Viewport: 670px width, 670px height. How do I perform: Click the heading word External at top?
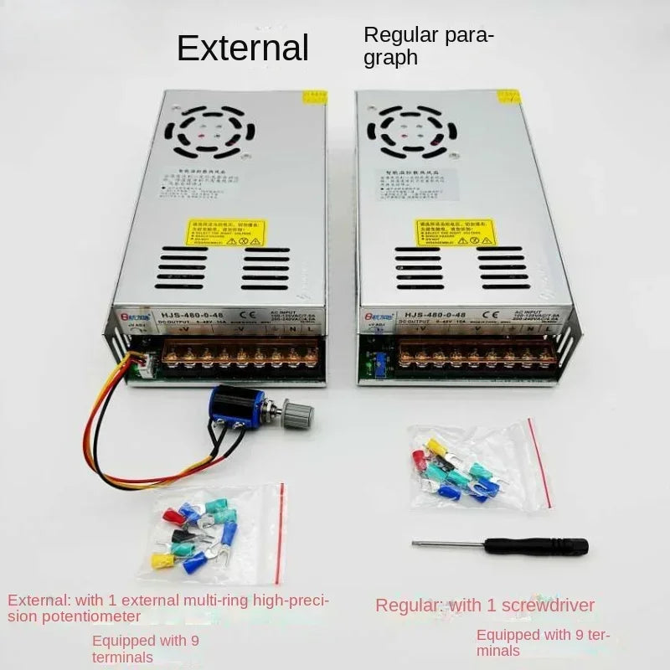point(243,48)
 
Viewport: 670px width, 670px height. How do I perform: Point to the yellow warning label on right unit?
point(455,233)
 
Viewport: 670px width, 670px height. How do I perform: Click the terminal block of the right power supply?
point(476,355)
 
